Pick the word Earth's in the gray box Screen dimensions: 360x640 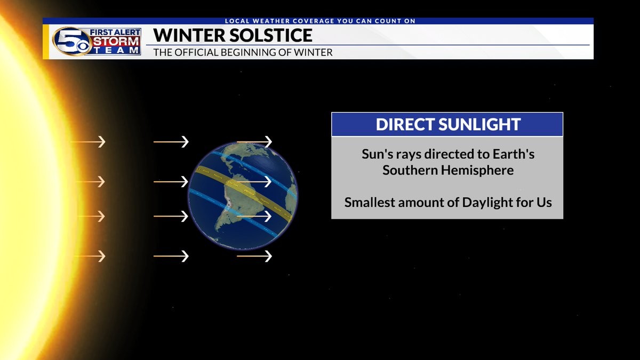[511, 155]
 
